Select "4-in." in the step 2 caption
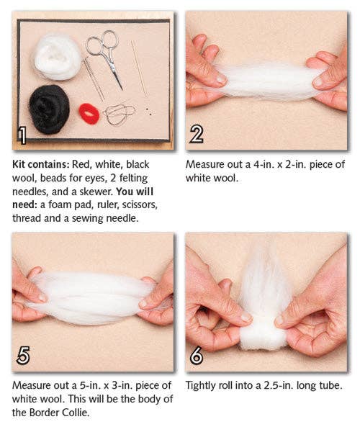pos(272,164)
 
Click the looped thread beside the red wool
pos(120,113)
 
